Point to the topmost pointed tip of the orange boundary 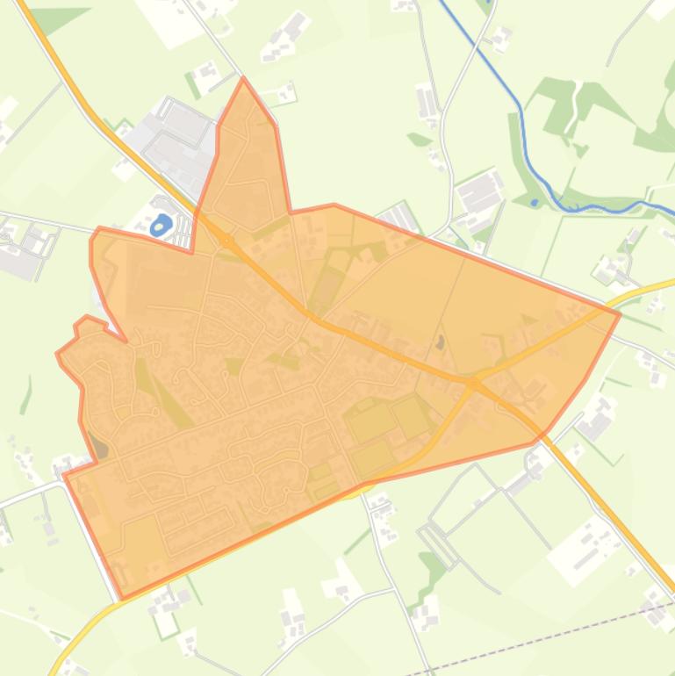coord(244,80)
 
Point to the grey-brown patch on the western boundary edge coord(101,450)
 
